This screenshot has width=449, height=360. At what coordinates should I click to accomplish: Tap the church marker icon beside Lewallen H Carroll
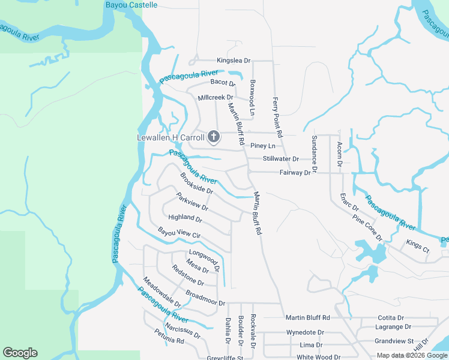pyautogui.click(x=213, y=137)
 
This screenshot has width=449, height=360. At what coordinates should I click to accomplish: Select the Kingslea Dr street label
pyautogui.click(x=233, y=61)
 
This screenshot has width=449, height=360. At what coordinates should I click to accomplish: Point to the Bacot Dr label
pyautogui.click(x=222, y=83)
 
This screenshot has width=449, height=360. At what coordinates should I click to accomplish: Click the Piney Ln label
pyautogui.click(x=263, y=146)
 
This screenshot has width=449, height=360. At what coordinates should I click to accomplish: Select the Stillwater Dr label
pyautogui.click(x=280, y=159)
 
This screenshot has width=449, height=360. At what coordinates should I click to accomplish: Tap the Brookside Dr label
pyautogui.click(x=196, y=182)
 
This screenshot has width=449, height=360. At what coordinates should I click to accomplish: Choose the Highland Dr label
pyautogui.click(x=185, y=217)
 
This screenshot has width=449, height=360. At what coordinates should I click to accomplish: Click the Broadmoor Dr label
pyautogui.click(x=205, y=298)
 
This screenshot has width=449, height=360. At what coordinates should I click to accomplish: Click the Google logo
pyautogui.click(x=20, y=353)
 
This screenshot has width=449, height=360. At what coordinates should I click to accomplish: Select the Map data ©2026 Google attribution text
pyautogui.click(x=411, y=355)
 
